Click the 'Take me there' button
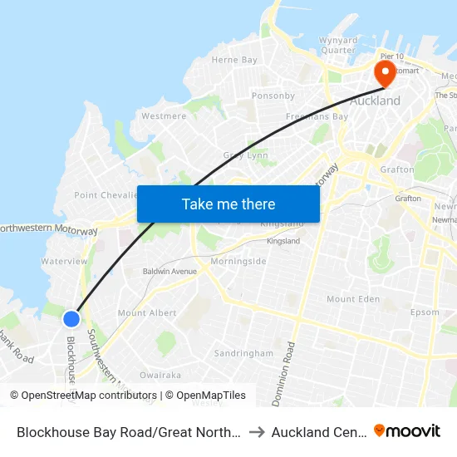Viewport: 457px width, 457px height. pyautogui.click(x=228, y=204)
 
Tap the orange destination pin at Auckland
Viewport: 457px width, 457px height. pyautogui.click(x=385, y=73)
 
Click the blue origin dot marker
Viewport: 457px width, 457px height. pyautogui.click(x=71, y=318)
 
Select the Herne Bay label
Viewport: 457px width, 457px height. pyautogui.click(x=234, y=60)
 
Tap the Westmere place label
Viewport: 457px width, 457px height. pyautogui.click(x=164, y=116)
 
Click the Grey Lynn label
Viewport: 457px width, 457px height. pyautogui.click(x=244, y=155)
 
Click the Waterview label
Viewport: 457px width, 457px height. pyautogui.click(x=64, y=261)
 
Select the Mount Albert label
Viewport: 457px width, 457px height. pyautogui.click(x=146, y=313)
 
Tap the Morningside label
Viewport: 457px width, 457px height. pyautogui.click(x=238, y=261)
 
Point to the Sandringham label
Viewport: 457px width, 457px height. pyautogui.click(x=243, y=353)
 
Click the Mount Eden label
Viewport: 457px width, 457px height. pyautogui.click(x=352, y=299)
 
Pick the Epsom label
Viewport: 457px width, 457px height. pyautogui.click(x=425, y=312)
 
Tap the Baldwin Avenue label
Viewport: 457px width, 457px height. pyautogui.click(x=170, y=271)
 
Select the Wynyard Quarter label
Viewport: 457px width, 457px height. pyautogui.click(x=338, y=45)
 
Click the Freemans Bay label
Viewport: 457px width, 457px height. pyautogui.click(x=317, y=117)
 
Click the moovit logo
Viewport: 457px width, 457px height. pyautogui.click(x=407, y=430)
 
